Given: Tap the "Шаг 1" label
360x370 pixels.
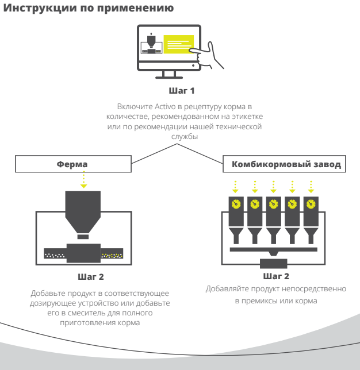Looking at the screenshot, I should point(182,91).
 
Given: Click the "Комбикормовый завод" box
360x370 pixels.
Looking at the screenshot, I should point(285,164).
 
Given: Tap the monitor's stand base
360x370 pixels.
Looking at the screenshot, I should point(169,78).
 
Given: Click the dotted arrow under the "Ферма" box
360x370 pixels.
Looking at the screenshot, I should point(84,179).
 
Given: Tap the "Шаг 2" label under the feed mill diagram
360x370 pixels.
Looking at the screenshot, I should point(275,276).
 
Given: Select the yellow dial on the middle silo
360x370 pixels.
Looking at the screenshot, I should point(273,203).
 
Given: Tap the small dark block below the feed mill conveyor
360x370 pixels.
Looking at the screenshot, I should point(274,264).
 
